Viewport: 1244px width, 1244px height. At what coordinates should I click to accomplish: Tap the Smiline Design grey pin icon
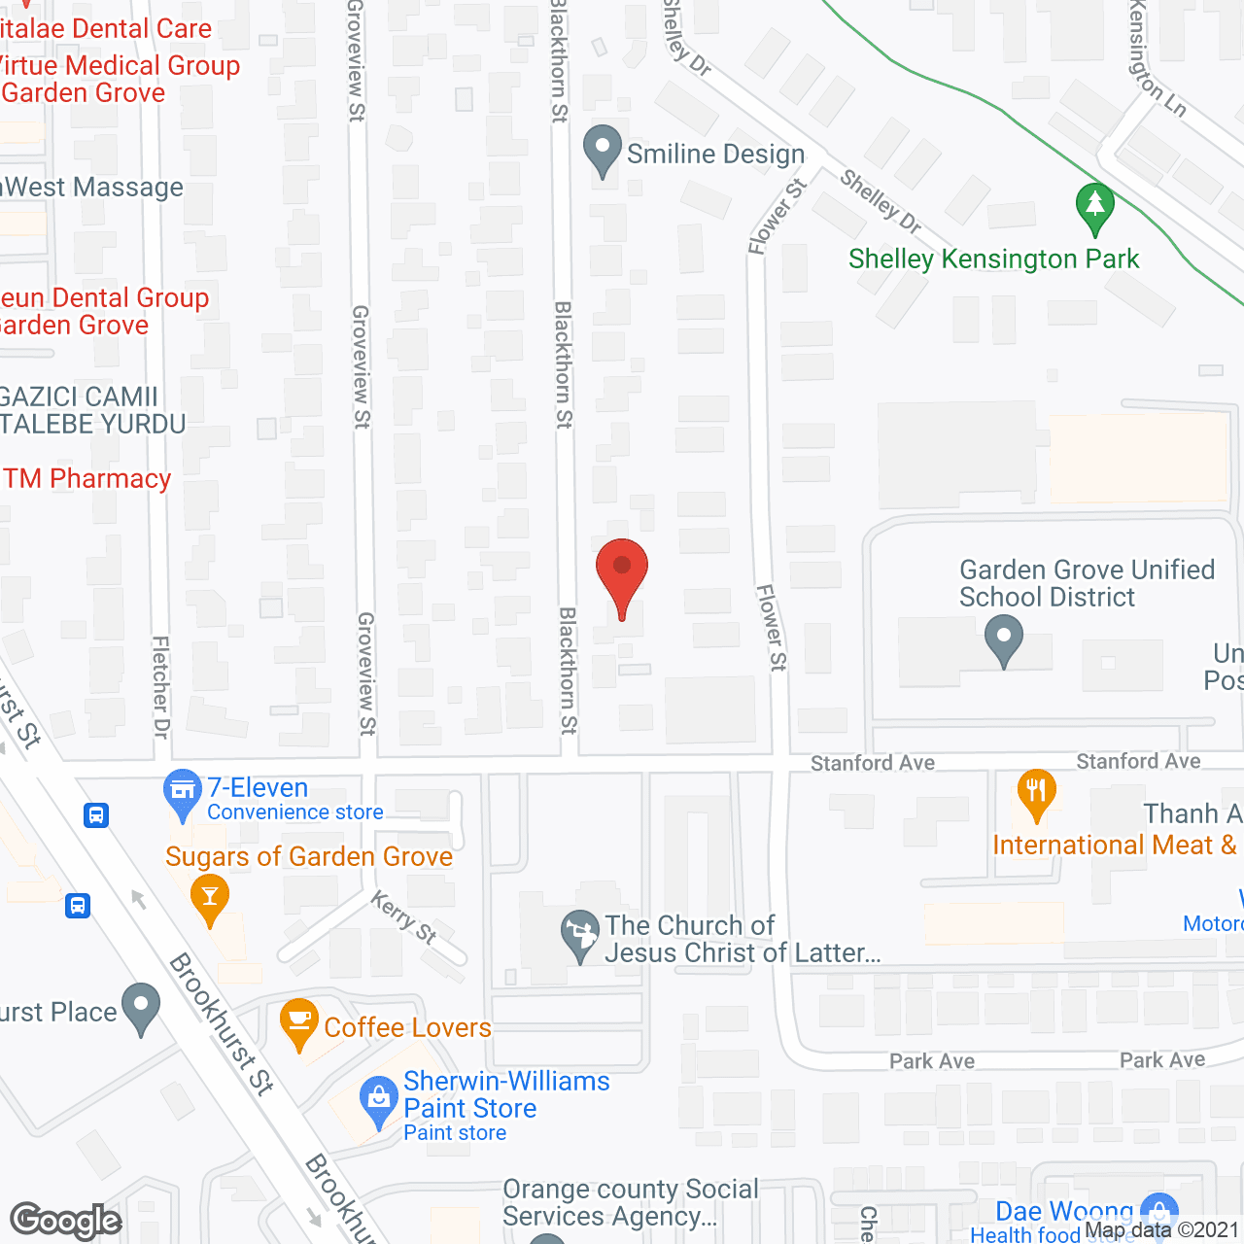click(x=603, y=151)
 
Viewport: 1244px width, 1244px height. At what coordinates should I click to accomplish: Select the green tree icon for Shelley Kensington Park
click(x=1095, y=207)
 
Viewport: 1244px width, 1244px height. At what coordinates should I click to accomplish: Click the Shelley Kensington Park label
click(x=993, y=259)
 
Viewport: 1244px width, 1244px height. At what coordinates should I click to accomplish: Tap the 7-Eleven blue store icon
click(x=182, y=791)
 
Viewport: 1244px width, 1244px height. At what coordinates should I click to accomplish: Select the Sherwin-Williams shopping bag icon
click(x=378, y=1101)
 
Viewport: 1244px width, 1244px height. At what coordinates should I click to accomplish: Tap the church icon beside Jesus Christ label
click(x=581, y=934)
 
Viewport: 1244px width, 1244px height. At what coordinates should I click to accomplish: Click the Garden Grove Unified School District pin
click(x=1004, y=641)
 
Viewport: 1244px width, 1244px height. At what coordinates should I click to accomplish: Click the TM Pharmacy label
click(x=87, y=479)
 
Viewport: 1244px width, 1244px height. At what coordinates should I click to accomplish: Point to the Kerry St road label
click(x=403, y=916)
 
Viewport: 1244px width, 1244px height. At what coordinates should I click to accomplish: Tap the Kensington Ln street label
click(x=1157, y=58)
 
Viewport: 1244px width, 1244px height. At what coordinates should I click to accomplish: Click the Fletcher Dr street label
click(x=161, y=686)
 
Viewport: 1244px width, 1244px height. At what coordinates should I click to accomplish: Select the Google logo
click(x=66, y=1221)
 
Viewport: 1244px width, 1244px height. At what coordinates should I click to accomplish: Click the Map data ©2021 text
click(x=1162, y=1230)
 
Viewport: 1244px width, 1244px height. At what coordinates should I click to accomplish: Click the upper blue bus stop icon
click(x=96, y=814)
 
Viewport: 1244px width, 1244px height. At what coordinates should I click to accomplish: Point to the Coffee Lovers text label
click(x=407, y=1027)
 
